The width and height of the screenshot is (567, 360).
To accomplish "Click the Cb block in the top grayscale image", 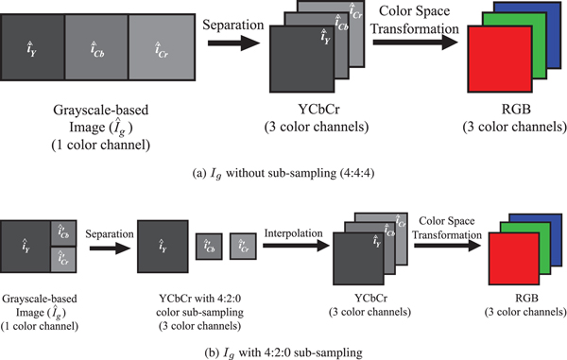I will click(95, 47).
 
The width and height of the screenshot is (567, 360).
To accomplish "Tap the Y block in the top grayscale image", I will click(35, 47).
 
